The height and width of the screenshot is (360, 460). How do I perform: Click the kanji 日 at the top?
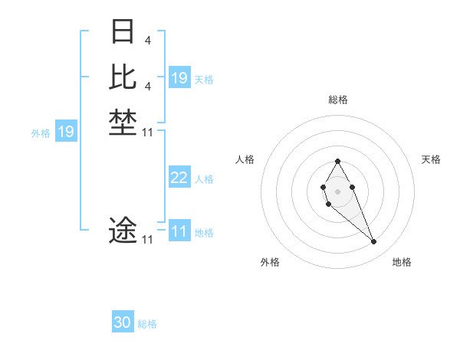[x=123, y=33]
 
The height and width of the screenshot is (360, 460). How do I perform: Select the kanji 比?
[x=123, y=77]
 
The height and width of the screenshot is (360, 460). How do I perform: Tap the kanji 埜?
[x=123, y=123]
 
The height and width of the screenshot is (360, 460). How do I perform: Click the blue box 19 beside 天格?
[x=179, y=78]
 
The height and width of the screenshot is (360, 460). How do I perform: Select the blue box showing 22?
[x=179, y=178]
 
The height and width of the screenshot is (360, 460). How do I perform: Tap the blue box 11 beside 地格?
[x=179, y=231]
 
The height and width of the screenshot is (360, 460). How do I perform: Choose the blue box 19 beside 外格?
[x=66, y=132]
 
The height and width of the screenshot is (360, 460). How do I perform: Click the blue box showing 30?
[x=123, y=322]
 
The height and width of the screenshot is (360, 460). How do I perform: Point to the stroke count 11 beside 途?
[x=148, y=240]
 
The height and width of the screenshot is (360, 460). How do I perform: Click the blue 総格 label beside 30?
[x=147, y=324]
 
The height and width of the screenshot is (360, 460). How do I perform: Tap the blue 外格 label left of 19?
[x=41, y=133]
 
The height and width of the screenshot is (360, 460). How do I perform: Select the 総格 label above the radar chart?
[x=338, y=100]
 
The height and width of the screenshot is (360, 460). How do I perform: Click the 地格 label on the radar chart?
[x=402, y=262]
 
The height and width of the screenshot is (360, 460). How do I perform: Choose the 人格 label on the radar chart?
[x=245, y=159]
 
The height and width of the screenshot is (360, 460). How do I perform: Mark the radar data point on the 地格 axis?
[x=374, y=242]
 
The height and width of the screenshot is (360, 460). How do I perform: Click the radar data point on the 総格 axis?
[x=338, y=161]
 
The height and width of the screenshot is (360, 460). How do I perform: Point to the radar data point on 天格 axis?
[x=352, y=187]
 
